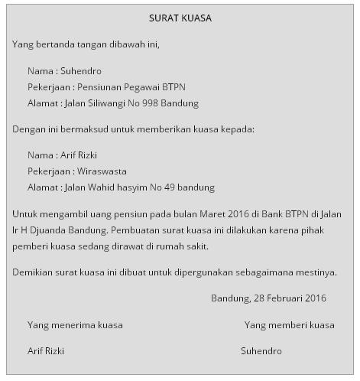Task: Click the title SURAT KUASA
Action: tap(180, 18)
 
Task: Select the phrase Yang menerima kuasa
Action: tap(75, 325)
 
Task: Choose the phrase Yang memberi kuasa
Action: tap(289, 325)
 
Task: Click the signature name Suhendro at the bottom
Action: tap(261, 351)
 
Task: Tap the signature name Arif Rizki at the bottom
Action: tap(46, 351)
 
